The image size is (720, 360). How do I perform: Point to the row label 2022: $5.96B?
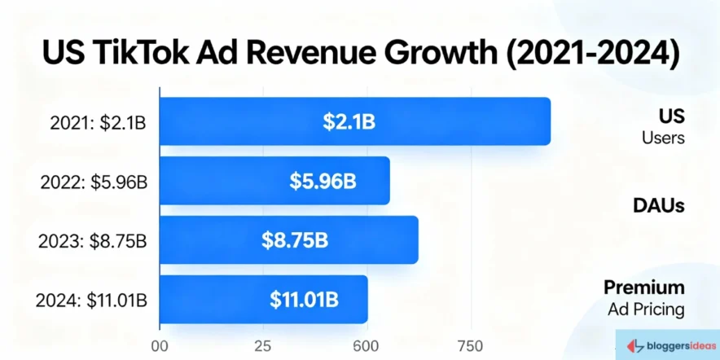tap(94, 182)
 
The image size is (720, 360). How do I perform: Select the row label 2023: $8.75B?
tap(94, 240)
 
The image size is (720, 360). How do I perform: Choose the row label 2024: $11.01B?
tap(91, 300)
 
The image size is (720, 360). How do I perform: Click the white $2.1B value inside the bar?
tap(349, 121)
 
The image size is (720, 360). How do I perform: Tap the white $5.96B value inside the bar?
tap(323, 181)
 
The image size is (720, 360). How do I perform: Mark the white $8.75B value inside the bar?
tap(295, 239)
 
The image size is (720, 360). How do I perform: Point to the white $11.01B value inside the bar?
tap(304, 299)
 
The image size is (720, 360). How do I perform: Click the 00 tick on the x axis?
tap(160, 344)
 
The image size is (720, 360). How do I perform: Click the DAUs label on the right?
tap(659, 205)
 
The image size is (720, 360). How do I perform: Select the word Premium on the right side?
tap(643, 288)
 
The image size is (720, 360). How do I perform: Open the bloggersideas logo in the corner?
tap(665, 345)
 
